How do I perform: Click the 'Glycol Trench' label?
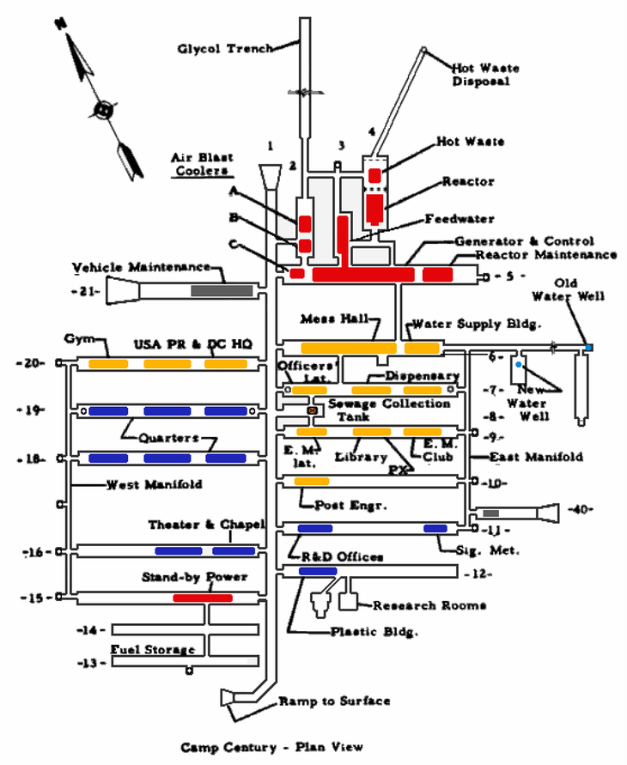[226, 49]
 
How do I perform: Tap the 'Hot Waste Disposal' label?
[481, 75]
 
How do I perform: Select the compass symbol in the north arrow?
[104, 110]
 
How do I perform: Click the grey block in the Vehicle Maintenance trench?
[222, 291]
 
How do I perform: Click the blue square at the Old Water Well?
[588, 347]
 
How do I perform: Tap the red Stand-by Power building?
[203, 598]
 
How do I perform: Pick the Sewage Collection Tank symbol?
[313, 411]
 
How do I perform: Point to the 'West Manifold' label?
[155, 485]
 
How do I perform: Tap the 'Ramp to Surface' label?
[334, 701]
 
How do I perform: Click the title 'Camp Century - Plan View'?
[271, 747]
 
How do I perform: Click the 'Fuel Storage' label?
[153, 650]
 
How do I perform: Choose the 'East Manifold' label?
[536, 457]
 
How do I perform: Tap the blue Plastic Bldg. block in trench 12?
[318, 571]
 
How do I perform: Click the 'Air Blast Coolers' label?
[196, 163]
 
